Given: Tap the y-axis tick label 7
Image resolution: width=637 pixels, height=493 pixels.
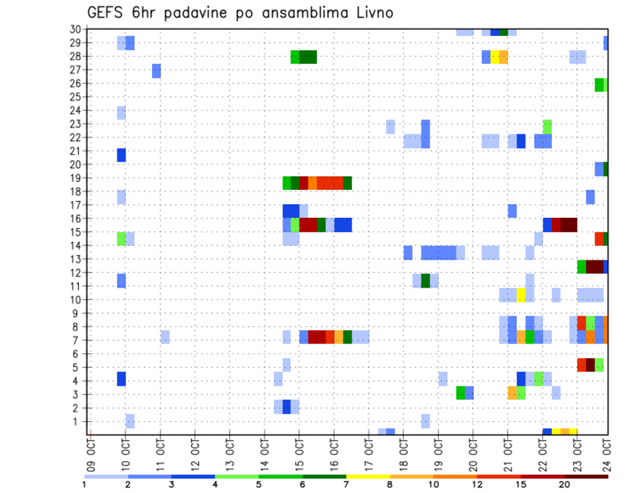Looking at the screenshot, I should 78,340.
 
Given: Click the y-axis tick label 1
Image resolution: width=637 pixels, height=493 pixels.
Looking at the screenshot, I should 78,421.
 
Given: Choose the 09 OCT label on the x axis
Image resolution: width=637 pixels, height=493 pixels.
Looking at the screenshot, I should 91,451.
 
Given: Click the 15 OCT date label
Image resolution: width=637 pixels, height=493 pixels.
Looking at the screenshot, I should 299,451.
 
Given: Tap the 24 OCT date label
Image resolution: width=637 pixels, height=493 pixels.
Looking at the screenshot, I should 607,451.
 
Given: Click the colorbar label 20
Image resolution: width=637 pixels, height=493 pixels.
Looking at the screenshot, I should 564,484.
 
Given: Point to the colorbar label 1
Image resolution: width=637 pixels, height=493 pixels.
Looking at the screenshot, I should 84,484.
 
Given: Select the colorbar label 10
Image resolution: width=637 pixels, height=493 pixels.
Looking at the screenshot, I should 433,484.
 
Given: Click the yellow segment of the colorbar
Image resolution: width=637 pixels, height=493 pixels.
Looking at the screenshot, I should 368,476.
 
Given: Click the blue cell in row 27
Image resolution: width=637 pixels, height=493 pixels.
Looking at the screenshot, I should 157,71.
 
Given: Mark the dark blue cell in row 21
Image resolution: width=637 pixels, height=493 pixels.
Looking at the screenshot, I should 121,155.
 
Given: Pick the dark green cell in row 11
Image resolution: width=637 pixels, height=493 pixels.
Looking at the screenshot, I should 425,280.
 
